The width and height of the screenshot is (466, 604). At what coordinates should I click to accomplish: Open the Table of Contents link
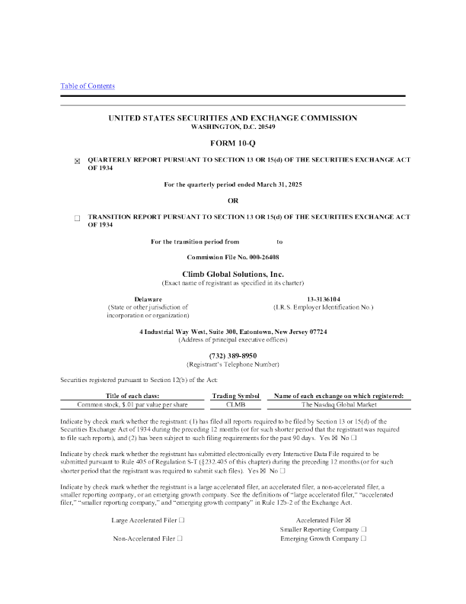tap(88, 86)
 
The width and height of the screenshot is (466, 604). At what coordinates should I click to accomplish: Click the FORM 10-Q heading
tap(232, 143)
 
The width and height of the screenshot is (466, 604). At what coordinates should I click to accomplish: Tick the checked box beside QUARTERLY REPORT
tap(77, 161)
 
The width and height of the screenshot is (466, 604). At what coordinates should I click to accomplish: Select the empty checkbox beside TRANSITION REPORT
tap(77, 218)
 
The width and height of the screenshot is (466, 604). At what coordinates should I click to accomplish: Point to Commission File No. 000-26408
tap(233, 257)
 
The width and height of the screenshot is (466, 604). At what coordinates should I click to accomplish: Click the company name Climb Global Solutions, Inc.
tap(233, 275)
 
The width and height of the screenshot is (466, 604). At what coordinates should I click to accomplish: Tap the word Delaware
tap(148, 299)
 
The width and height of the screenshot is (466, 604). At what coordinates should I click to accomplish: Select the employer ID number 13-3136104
tap(324, 299)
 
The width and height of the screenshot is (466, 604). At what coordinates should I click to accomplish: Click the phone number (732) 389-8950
tap(233, 355)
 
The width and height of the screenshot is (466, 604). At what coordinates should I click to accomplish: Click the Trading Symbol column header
tap(236, 396)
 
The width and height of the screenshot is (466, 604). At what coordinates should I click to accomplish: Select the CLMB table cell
tap(236, 404)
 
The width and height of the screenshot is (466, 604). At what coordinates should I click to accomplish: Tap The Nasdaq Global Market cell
tap(339, 404)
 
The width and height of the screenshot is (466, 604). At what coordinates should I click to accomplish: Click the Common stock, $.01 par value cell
tap(132, 404)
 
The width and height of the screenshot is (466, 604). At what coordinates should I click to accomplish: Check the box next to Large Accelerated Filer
tap(182, 520)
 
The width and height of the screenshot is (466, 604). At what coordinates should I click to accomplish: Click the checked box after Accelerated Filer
tap(348, 520)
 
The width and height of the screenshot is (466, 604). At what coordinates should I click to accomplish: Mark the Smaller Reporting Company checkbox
tap(364, 529)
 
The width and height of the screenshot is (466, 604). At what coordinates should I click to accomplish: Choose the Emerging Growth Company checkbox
tap(364, 538)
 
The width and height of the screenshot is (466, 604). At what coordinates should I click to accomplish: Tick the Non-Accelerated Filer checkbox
tap(180, 538)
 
